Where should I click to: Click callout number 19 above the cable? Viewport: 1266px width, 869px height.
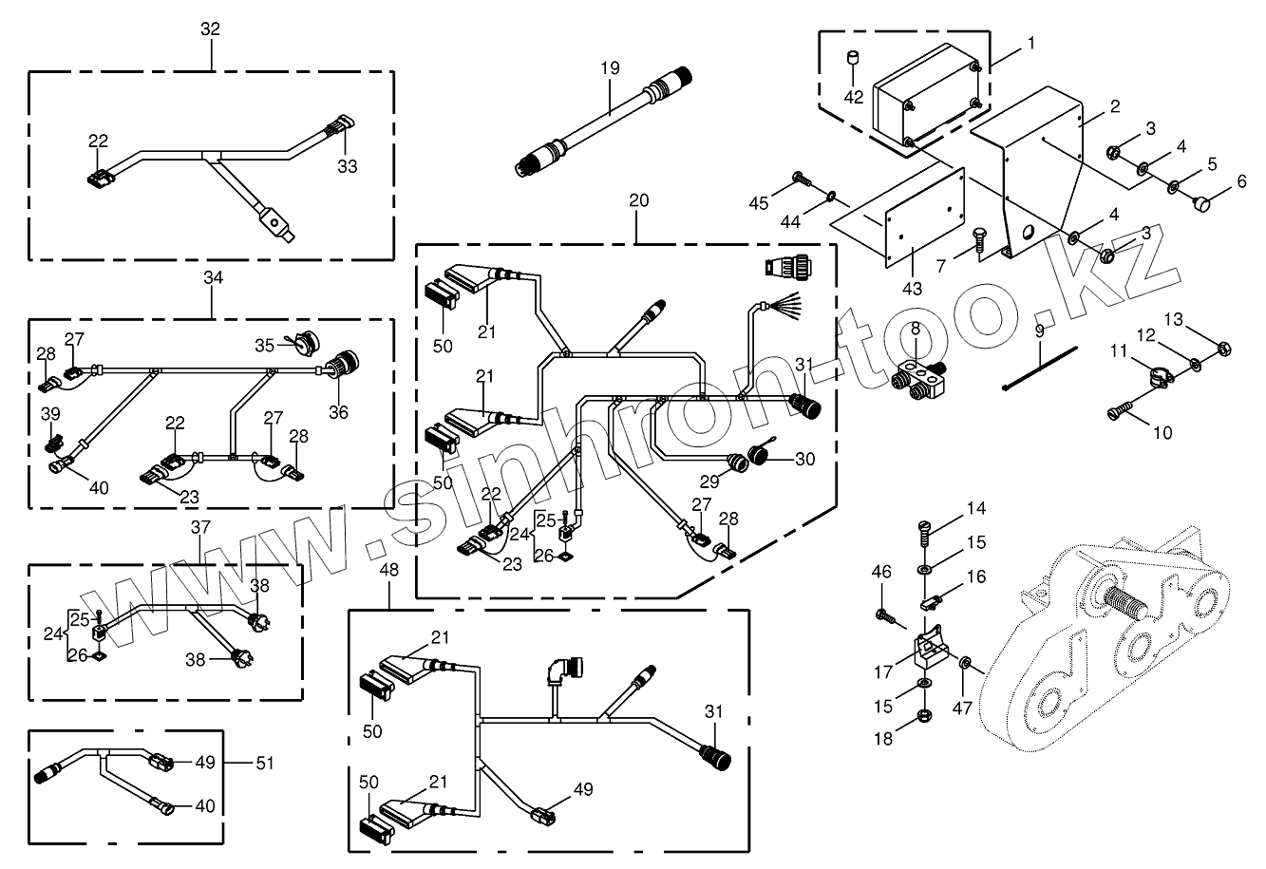point(610,68)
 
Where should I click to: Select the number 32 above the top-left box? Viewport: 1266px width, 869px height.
point(210,28)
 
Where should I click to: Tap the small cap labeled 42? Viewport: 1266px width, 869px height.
point(853,57)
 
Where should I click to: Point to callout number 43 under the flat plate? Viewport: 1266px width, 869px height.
point(912,289)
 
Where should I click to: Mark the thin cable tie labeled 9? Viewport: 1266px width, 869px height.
point(1040,368)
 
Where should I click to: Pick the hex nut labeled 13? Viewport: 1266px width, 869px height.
point(1223,348)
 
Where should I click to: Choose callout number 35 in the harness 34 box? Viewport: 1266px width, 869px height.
point(264,346)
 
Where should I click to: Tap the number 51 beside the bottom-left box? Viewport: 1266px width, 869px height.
point(265,763)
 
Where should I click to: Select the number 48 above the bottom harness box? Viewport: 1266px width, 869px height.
point(388,570)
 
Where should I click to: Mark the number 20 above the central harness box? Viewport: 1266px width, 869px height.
point(638,200)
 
